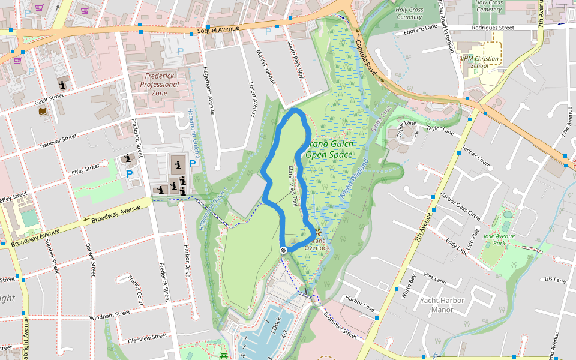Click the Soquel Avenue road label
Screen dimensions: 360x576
click(218, 29)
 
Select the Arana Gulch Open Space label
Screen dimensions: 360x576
click(329, 149)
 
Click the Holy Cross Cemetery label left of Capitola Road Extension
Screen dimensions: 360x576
click(409, 13)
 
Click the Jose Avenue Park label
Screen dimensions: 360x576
click(499, 241)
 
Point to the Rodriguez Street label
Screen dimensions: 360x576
click(493, 28)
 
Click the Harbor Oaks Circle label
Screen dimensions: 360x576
click(460, 205)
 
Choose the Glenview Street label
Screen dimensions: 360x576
click(147, 338)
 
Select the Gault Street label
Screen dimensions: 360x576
click(49, 98)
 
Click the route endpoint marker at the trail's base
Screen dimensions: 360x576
click(283, 250)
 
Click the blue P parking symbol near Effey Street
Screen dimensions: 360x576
click(130, 174)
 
